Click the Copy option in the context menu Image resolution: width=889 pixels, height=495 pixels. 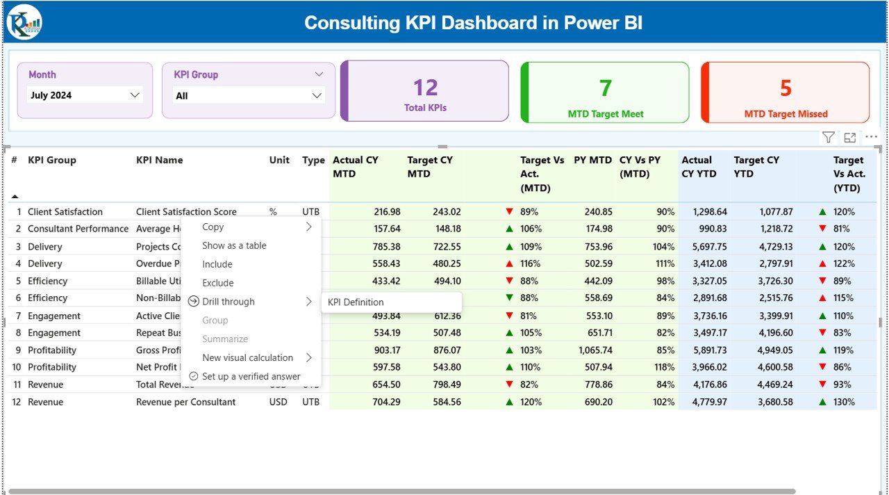[213, 227]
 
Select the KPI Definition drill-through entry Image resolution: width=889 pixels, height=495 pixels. [356, 302]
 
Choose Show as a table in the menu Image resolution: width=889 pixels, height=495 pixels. [234, 245]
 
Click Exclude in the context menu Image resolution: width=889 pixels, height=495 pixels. [217, 283]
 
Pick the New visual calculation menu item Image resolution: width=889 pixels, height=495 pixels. [247, 357]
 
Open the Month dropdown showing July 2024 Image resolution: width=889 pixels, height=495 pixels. [85, 95]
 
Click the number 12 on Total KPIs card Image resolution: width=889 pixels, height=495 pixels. [425, 88]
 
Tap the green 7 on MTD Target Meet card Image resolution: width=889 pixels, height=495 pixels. [605, 88]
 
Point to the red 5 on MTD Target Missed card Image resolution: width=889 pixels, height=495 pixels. [786, 88]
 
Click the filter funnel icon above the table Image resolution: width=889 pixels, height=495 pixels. [829, 138]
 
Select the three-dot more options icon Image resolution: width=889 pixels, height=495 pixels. [871, 138]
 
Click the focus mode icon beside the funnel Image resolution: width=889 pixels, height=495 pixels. [850, 138]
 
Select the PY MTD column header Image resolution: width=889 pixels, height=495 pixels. [592, 160]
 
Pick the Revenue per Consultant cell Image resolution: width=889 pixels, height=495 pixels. [185, 402]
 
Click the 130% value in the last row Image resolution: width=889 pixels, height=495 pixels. [845, 402]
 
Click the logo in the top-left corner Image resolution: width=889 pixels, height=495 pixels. [24, 22]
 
